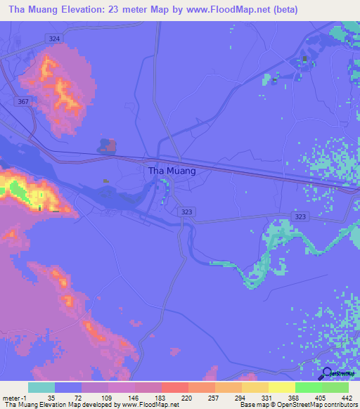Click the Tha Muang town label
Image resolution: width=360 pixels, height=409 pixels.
click(172, 170)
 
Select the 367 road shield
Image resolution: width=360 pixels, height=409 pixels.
click(23, 101)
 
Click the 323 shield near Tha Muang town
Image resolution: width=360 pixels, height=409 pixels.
click(187, 211)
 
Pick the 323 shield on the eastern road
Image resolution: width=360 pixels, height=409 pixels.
click(300, 219)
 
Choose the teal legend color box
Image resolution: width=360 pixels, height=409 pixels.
click(41, 387)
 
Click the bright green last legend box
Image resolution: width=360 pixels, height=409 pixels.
click(335, 387)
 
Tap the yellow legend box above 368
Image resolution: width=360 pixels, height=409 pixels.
click(281, 387)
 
